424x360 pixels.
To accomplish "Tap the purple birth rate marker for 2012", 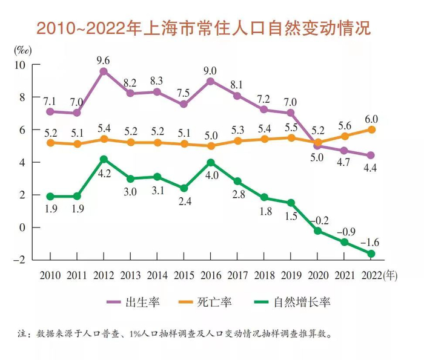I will (104, 71).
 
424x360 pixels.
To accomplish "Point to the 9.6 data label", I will (103, 59).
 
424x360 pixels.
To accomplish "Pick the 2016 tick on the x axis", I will (210, 275).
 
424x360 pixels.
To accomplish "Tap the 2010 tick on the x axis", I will (50, 275).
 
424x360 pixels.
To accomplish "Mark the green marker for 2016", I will (210, 162).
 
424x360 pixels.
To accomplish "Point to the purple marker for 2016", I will (210, 81).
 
